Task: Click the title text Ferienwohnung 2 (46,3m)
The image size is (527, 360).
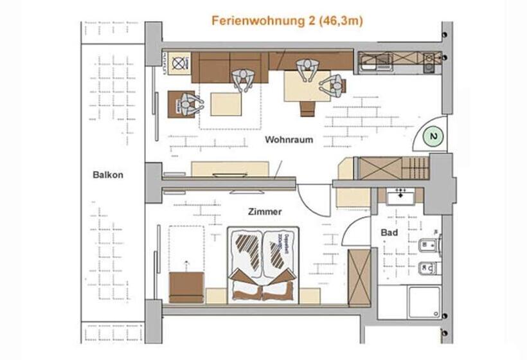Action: point(287,21)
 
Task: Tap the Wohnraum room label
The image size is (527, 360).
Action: point(289,139)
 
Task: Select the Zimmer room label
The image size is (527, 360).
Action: point(265,211)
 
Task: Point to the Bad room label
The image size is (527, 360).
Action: point(389,232)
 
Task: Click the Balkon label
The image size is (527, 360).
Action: point(107,174)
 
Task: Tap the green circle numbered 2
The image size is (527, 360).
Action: point(434,137)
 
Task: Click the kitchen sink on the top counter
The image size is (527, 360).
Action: point(371,62)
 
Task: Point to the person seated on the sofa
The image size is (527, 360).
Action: point(243,78)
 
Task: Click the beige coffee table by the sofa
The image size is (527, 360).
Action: point(226,104)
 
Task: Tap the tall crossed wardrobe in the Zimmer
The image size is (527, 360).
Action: point(359,277)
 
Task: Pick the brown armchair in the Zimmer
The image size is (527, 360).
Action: point(187,287)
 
